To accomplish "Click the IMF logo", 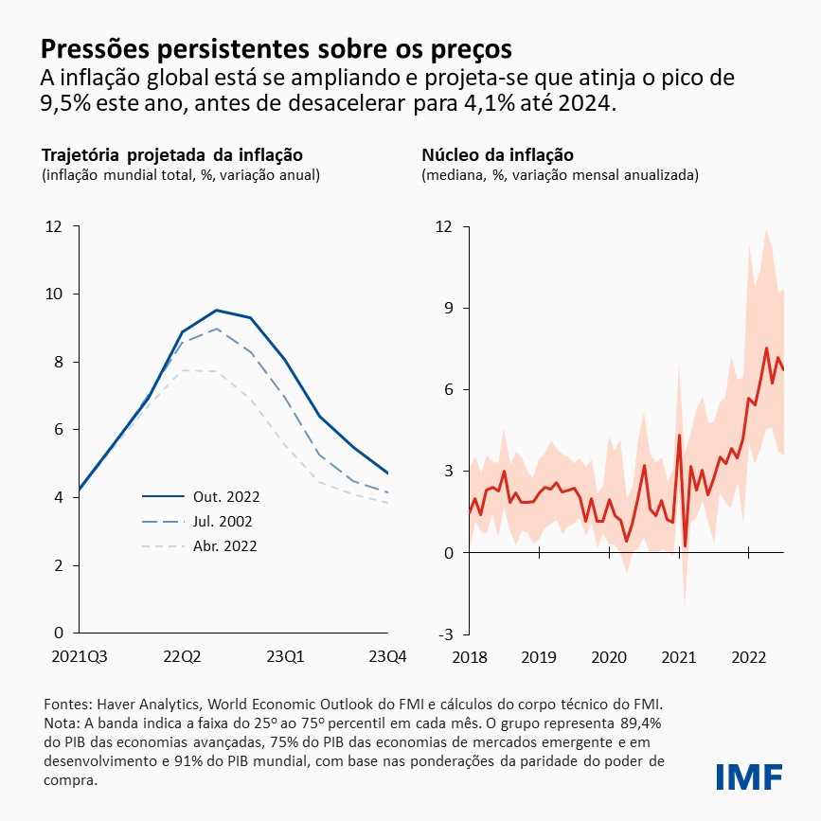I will [x=749, y=776].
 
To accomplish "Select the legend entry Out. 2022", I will [x=226, y=496].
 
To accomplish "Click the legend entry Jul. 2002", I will [x=225, y=521].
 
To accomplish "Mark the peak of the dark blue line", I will [x=217, y=310].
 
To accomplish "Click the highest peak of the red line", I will [x=766, y=348].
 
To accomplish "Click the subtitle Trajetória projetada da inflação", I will [x=171, y=154].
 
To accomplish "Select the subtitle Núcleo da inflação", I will [x=497, y=154].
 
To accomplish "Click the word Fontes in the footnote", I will [x=68, y=705].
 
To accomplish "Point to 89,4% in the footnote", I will [x=636, y=724].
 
